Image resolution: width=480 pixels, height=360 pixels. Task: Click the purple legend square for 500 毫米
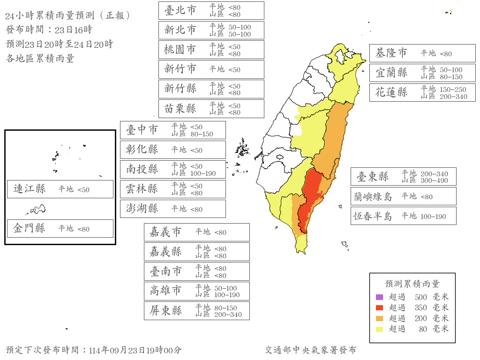point(380,297)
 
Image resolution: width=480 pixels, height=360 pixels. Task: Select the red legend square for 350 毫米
point(380,307)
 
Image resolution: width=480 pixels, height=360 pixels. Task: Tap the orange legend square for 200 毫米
point(380,318)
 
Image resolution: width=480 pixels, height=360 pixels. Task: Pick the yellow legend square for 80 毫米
point(380,329)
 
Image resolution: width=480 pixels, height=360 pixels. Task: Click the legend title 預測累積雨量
point(412,284)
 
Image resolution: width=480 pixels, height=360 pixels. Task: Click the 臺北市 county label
point(180,10)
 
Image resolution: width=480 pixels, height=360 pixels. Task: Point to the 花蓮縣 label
point(391,92)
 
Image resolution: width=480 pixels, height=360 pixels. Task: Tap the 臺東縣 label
point(373,176)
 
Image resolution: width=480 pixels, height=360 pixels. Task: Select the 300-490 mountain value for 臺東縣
point(434,180)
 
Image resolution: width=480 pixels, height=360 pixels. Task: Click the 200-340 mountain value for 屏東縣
point(228,315)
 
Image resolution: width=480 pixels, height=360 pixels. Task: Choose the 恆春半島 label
point(373,216)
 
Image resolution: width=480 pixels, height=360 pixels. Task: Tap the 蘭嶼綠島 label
point(373,196)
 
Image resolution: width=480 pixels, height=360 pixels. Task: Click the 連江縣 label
point(30,189)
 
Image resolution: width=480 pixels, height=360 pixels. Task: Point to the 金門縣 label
point(30,228)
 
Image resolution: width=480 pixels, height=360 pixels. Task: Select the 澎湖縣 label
point(142,209)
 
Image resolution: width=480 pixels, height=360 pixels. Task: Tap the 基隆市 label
point(391,53)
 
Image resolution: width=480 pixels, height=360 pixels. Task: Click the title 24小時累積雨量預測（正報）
point(68,16)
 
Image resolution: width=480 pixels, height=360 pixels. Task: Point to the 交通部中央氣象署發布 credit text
point(310,350)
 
